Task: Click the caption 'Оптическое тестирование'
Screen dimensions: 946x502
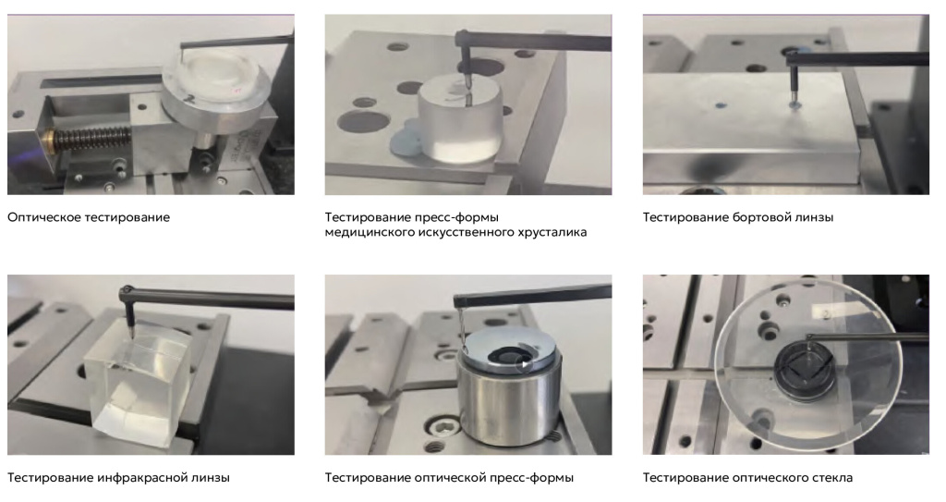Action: pos(89,217)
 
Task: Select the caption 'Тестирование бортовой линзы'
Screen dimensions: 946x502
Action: pos(738,217)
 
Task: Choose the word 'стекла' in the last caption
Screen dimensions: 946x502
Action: pos(832,478)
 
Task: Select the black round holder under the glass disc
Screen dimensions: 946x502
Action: pos(805,371)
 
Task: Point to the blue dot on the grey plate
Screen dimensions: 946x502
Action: pos(719,105)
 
